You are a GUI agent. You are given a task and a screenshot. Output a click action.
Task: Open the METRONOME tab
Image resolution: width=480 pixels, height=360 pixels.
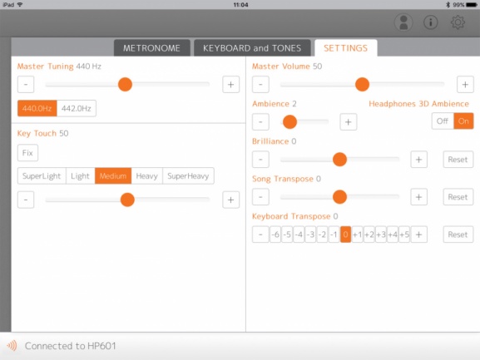152,48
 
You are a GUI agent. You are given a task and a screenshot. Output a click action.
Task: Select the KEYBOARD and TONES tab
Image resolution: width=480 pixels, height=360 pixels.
252,48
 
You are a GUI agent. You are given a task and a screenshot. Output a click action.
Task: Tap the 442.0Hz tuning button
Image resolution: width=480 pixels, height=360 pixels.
77,108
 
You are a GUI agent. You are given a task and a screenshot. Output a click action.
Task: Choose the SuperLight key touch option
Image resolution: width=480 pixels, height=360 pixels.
42,176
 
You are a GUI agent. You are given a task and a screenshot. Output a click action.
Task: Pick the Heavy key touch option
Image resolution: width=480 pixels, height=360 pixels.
147,176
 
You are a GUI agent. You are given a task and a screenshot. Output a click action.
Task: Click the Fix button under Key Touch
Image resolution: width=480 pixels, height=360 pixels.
27,153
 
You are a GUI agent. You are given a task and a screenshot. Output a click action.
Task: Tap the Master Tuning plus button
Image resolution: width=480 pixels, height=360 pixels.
230,85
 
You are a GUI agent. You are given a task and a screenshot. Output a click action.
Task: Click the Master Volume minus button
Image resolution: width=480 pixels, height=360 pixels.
260,85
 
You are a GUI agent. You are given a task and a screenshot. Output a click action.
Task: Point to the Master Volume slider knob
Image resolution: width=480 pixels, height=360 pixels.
362,85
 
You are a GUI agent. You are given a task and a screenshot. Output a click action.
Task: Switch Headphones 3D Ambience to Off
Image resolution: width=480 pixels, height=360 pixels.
443,121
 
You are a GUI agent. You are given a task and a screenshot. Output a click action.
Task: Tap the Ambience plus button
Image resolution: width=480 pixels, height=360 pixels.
349,122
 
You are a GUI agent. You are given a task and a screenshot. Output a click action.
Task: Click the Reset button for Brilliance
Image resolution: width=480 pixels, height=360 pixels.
458,160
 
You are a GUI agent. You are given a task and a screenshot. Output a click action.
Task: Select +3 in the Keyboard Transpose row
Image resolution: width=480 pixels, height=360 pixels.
381,234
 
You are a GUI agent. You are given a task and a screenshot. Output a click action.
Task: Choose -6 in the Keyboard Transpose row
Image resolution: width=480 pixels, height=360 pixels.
275,234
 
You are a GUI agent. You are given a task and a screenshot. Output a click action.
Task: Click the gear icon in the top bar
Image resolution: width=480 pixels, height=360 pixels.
458,22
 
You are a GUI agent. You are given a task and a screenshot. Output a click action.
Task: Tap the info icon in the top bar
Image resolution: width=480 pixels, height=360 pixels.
430,22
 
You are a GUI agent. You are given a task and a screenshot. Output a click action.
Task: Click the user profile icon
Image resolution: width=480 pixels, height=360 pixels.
403,22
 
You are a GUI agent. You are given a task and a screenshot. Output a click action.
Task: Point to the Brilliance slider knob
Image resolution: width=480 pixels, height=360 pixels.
339,160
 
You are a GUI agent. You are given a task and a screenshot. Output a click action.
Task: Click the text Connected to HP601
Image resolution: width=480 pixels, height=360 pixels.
71,346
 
